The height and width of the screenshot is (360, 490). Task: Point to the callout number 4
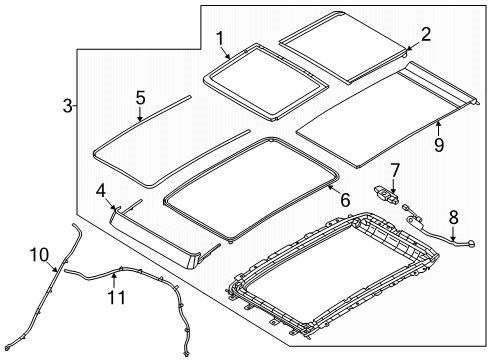(101, 190)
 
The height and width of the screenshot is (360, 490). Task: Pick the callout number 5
(141, 98)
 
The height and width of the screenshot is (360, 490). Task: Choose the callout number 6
(345, 200)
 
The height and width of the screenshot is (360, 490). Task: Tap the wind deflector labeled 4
(160, 240)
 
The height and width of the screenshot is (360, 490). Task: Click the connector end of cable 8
(467, 267)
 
